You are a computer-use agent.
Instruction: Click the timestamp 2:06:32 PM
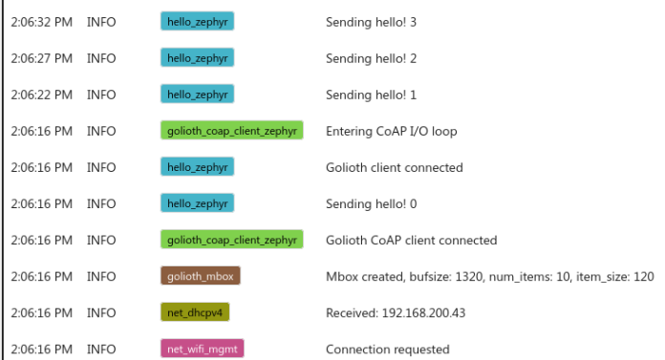click(41, 22)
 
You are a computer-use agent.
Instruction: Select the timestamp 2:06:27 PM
click(41, 58)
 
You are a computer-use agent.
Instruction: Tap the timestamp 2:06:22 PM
click(41, 95)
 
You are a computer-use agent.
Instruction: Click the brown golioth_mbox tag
click(200, 276)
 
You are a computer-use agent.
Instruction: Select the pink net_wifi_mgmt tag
click(202, 349)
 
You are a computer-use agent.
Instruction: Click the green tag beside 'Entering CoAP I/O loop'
click(231, 131)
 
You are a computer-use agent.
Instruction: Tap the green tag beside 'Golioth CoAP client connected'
click(231, 240)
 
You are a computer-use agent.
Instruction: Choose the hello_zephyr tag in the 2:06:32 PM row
click(197, 22)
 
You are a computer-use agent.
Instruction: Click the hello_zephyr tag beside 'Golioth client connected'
click(197, 167)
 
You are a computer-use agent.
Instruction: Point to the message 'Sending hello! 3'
click(371, 22)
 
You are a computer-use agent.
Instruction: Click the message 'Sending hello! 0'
click(371, 203)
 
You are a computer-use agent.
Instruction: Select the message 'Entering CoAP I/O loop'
click(391, 131)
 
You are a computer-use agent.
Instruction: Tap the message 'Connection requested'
click(387, 349)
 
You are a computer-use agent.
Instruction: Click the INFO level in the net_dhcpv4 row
click(101, 313)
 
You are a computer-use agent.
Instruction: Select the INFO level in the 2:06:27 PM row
click(101, 58)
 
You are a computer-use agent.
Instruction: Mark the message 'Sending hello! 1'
click(371, 95)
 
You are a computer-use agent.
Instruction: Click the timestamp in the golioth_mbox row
click(41, 277)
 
